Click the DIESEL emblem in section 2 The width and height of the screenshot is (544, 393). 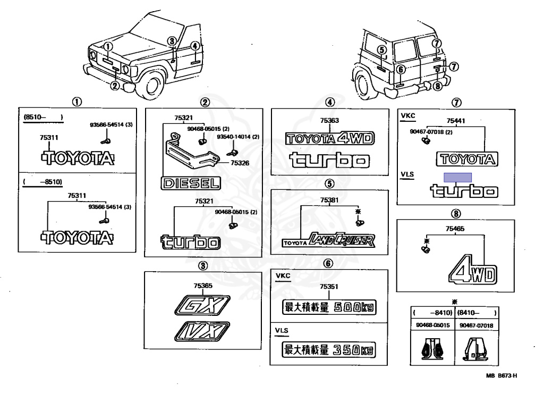[190, 184]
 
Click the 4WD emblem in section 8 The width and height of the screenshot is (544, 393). [472, 272]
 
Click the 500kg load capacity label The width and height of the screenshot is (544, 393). [328, 307]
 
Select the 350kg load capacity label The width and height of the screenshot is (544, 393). [328, 350]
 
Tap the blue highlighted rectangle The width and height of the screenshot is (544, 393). [458, 178]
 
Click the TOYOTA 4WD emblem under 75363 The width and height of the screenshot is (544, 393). [329, 139]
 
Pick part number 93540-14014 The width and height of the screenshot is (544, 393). [242, 137]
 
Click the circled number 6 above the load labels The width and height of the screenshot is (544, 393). [329, 263]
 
